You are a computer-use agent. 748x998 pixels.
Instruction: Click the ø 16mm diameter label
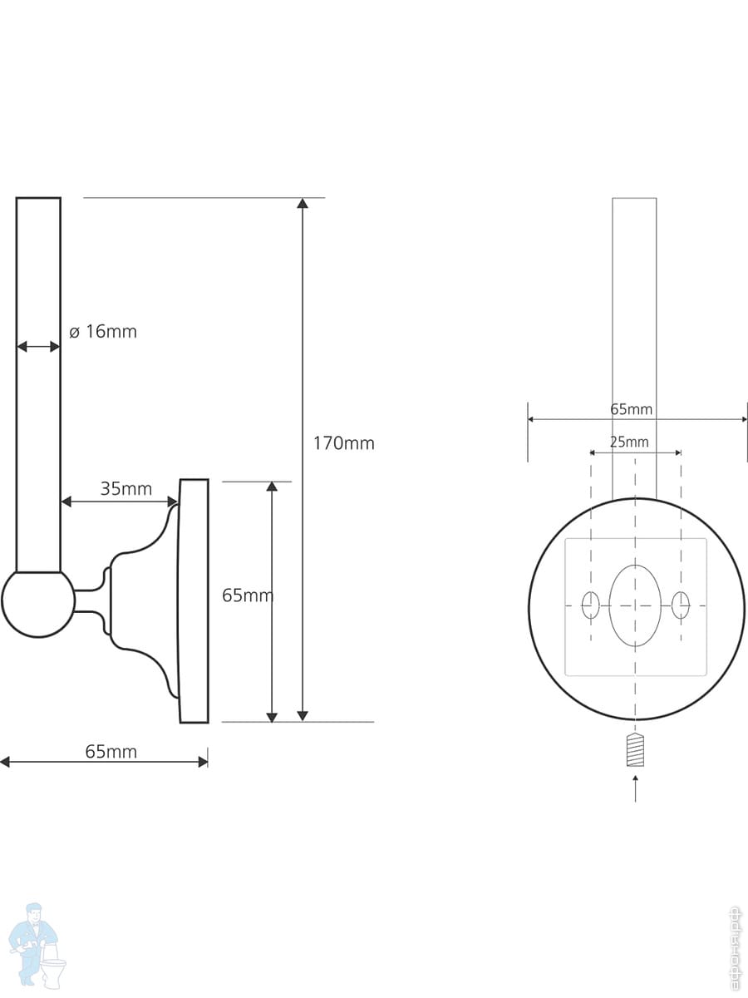103,332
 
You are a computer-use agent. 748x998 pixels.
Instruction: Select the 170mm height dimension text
344,443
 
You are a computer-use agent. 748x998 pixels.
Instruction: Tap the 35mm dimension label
126,489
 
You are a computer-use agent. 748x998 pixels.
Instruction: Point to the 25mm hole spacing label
629,442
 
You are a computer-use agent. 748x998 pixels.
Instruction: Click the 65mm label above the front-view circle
632,409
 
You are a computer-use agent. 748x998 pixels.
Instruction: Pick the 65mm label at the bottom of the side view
111,752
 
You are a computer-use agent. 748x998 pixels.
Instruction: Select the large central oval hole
635,605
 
